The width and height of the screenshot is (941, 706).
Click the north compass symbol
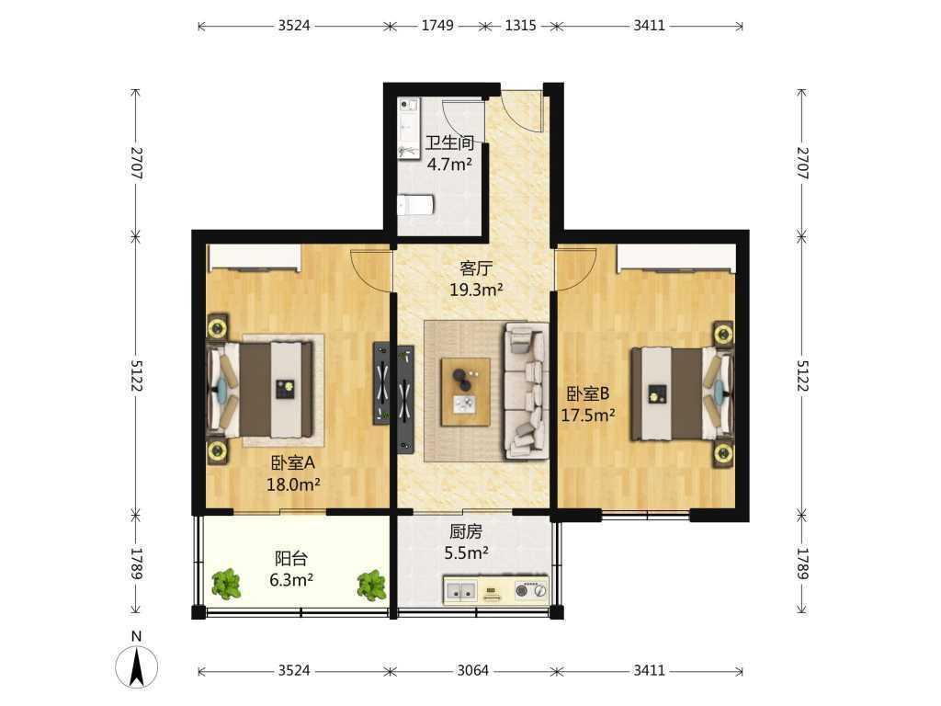137,666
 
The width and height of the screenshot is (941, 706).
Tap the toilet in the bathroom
415,205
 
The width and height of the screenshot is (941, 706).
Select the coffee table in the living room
465,392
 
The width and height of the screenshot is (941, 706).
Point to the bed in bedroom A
261,390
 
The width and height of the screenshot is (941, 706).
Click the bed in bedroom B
682,393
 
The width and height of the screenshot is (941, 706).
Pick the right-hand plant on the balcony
372,586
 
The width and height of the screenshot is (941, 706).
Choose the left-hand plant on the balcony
226,584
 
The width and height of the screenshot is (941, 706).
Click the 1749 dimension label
437,26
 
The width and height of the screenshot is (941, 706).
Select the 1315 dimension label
520,26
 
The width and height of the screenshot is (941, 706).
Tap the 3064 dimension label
473,670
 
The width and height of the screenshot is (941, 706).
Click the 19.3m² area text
477,290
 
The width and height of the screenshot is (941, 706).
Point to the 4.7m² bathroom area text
449,164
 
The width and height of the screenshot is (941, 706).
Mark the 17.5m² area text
588,415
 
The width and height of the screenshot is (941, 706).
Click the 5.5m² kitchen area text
466,552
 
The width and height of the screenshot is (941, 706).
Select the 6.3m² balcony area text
291,580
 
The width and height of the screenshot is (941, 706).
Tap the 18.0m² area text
293,484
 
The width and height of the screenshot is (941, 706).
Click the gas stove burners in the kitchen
532,591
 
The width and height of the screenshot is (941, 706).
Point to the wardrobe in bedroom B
676,258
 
